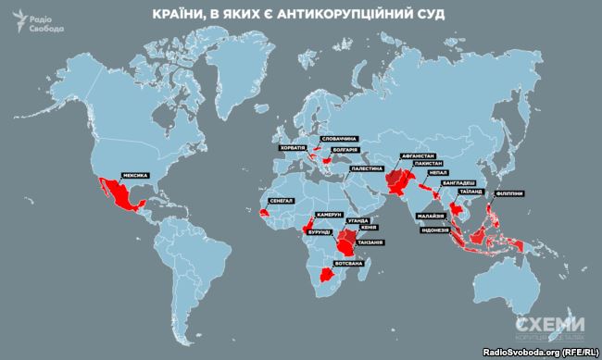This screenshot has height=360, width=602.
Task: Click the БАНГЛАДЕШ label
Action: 462,184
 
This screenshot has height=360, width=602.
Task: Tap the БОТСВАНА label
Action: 356,264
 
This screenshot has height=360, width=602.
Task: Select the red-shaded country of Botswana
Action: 327,275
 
